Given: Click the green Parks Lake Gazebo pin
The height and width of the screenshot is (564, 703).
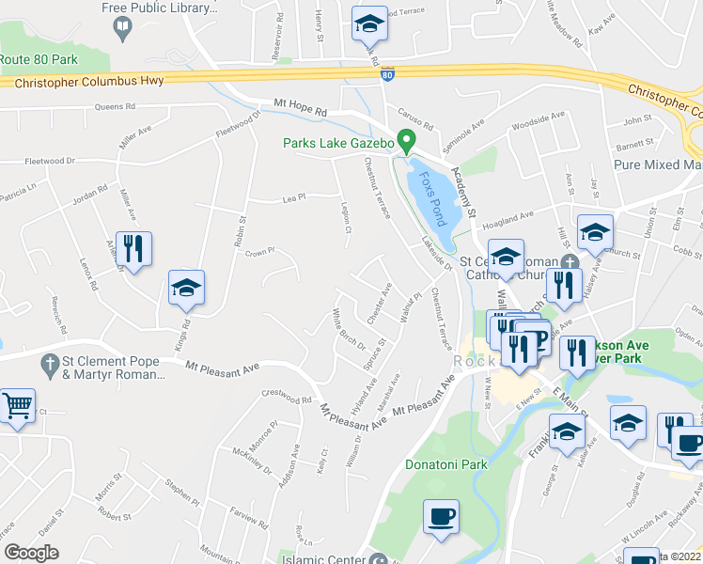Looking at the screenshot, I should pyautogui.click(x=407, y=141).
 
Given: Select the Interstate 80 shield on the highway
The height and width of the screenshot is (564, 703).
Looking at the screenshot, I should pyautogui.click(x=387, y=71).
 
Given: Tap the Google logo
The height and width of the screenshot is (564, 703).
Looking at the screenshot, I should pyautogui.click(x=31, y=553).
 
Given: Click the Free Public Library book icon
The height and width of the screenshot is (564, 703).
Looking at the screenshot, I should pyautogui.click(x=122, y=29).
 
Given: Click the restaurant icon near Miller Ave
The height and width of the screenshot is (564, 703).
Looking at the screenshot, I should pyautogui.click(x=133, y=249).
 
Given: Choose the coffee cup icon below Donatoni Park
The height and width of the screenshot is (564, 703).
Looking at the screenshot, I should pyautogui.click(x=441, y=517).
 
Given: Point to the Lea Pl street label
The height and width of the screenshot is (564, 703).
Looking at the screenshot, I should pyautogui.click(x=295, y=199).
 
